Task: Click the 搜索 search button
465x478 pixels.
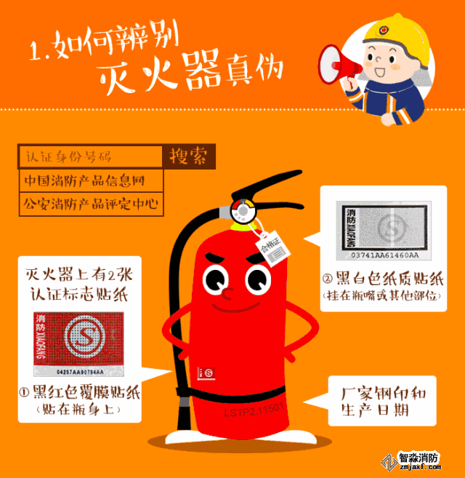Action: (x=188, y=156)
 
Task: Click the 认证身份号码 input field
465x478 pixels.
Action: (x=90, y=156)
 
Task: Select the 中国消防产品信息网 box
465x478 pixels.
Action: (x=90, y=180)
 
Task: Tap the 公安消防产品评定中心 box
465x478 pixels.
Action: (x=90, y=204)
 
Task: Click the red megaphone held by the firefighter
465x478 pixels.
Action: (x=338, y=62)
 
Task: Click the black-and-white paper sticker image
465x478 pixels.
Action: (x=384, y=228)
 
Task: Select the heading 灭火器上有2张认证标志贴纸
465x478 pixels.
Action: (x=76, y=284)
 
